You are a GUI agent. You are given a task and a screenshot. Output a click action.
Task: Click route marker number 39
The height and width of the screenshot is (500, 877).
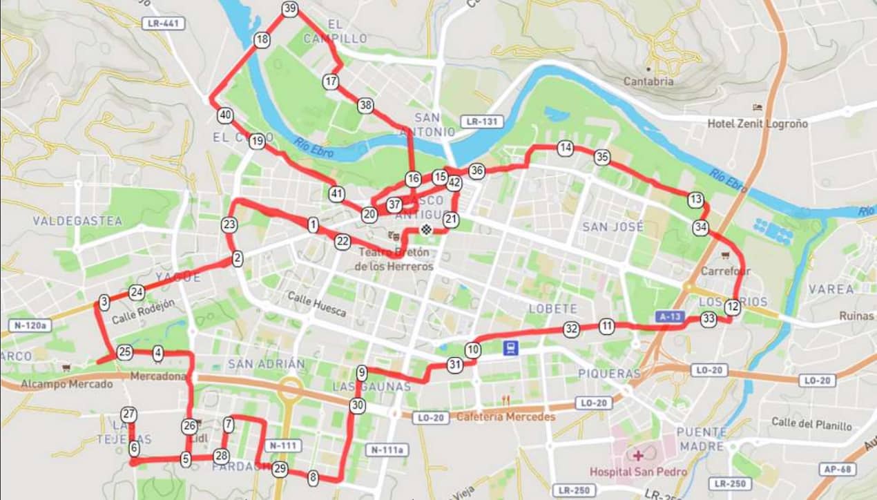[x=289, y=9]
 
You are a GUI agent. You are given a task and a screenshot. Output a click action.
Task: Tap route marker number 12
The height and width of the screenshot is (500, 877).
[x=733, y=308]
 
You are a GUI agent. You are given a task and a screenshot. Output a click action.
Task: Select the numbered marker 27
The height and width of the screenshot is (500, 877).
[x=128, y=414]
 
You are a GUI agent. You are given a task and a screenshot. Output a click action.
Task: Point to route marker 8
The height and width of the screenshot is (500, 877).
[x=313, y=477]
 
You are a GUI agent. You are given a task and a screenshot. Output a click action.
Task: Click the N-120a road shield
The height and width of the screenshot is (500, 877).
[x=30, y=325]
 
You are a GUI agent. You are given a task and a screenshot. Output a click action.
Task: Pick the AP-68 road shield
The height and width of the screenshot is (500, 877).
[x=838, y=469]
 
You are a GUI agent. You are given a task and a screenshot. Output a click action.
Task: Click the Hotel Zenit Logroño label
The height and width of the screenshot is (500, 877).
[x=757, y=124]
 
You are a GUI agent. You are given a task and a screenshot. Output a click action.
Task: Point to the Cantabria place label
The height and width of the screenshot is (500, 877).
[x=648, y=81]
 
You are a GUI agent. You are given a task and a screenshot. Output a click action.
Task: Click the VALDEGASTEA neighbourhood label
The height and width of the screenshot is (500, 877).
[x=77, y=221]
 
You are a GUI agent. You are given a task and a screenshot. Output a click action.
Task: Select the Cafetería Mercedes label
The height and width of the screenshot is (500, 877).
[x=505, y=416]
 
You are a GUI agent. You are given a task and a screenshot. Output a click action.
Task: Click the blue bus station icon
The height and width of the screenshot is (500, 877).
[x=510, y=347]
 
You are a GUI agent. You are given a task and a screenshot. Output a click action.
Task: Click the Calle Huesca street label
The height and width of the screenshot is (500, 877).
[x=317, y=305]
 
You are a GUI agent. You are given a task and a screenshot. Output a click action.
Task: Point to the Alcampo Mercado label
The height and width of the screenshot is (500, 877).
[x=66, y=383]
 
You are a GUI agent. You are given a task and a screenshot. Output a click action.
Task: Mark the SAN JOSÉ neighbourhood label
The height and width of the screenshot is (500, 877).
[x=613, y=227]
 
